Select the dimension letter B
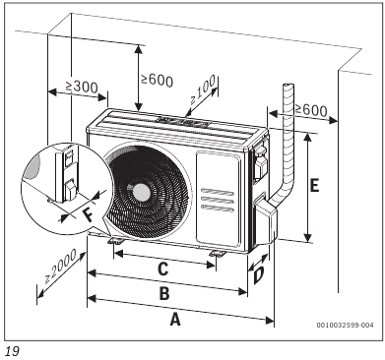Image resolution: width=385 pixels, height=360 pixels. (x=165, y=292)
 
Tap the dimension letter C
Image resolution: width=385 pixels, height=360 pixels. (x=164, y=268)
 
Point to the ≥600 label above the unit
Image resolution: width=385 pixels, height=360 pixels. (x=159, y=80)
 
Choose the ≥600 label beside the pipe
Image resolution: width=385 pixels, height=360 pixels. (x=309, y=111)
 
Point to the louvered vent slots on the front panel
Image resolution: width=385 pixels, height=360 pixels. (x=218, y=197)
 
